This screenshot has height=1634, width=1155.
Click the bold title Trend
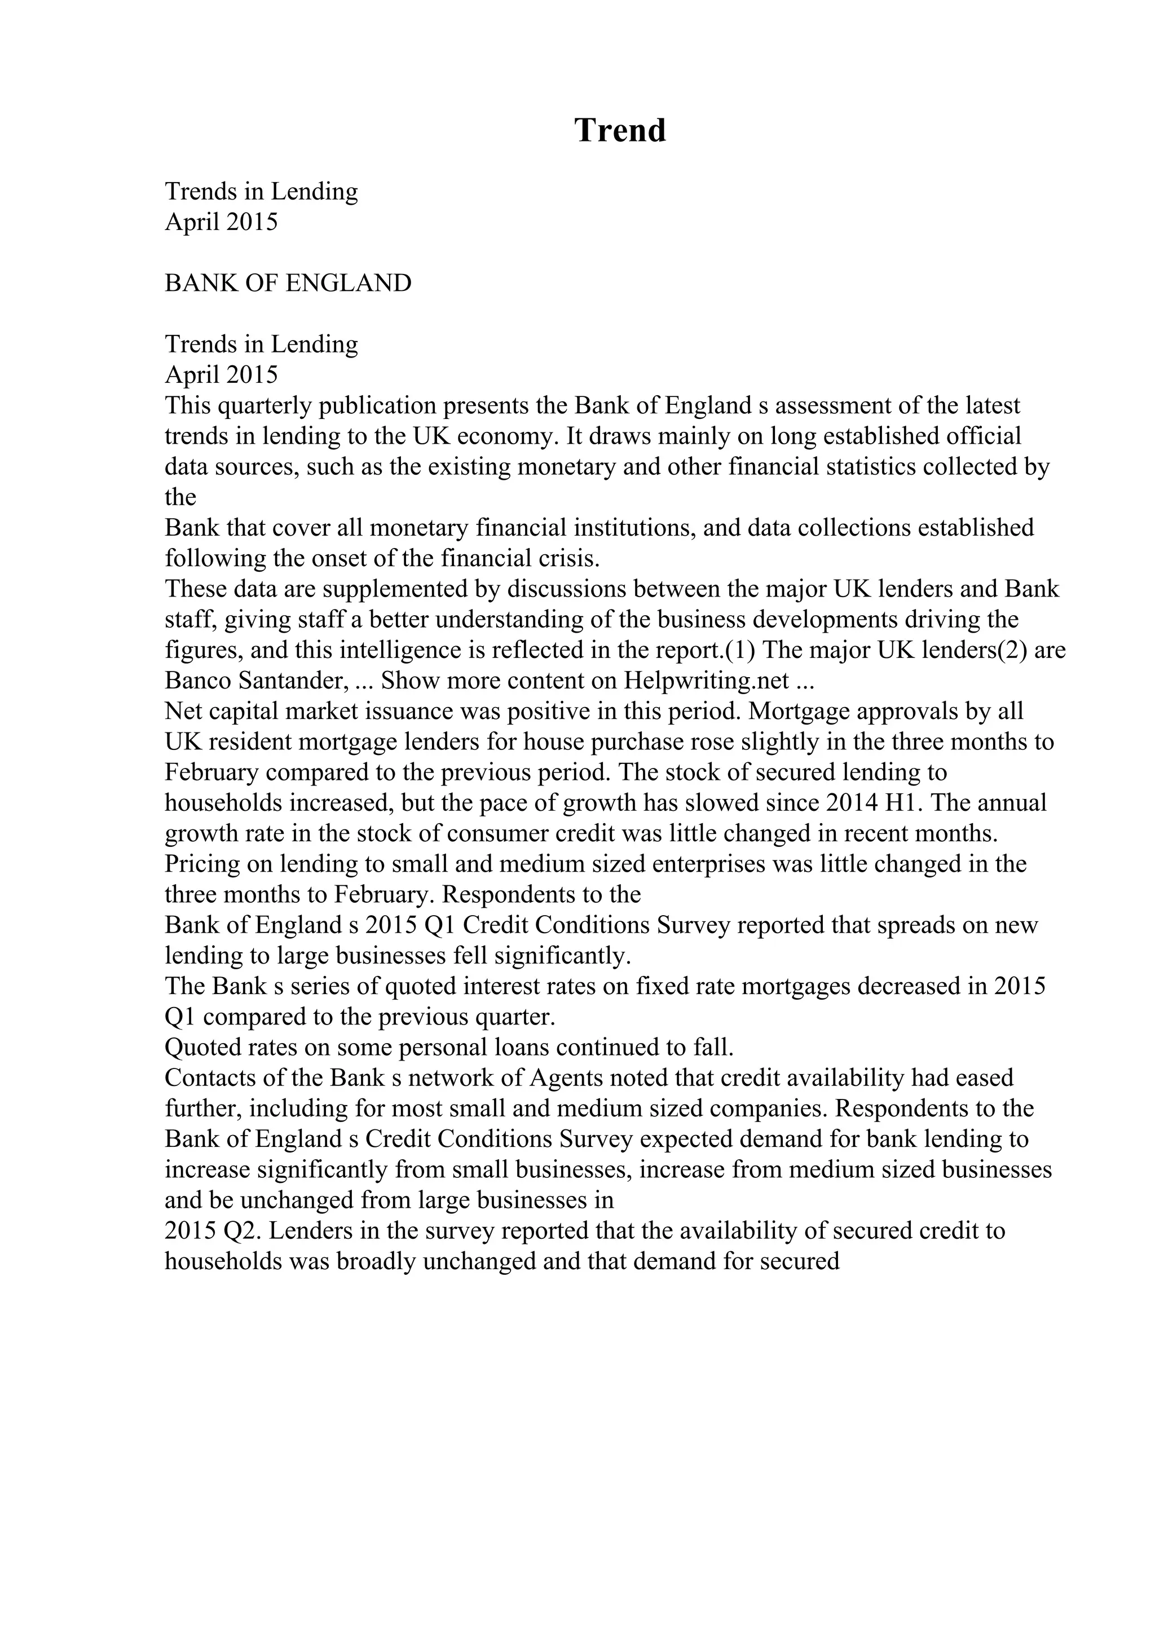pos(620,130)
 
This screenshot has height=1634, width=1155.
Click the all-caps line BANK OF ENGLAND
pos(288,283)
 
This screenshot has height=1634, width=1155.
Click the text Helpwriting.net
pos(707,681)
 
